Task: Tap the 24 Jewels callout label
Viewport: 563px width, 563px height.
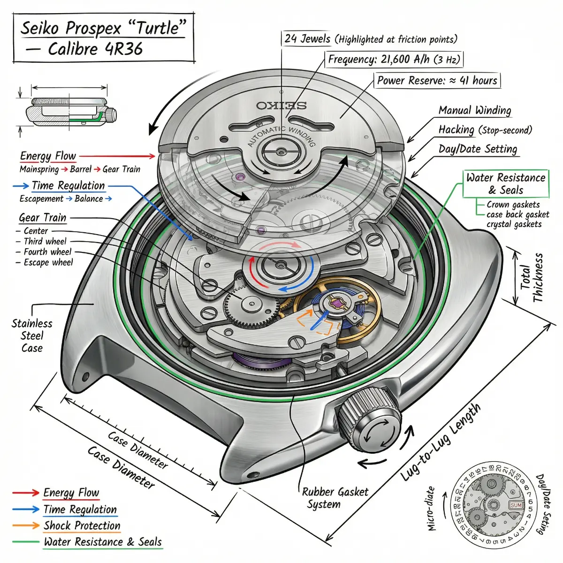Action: pyautogui.click(x=307, y=39)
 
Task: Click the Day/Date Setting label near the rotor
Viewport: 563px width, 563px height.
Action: pyautogui.click(x=478, y=149)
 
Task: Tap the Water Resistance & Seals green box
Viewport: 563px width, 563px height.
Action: pyautogui.click(x=506, y=183)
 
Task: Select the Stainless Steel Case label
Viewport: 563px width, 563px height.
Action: pyautogui.click(x=32, y=335)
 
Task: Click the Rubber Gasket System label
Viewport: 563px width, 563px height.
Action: pyautogui.click(x=335, y=498)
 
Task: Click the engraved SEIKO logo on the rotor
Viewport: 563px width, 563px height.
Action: pyautogui.click(x=281, y=105)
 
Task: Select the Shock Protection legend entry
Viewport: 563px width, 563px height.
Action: pyautogui.click(x=82, y=525)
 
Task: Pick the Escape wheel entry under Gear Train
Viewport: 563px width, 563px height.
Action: pyautogui.click(x=48, y=262)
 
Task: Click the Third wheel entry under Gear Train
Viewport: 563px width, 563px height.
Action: pyautogui.click(x=45, y=241)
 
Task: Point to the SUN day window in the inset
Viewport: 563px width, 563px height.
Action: pyautogui.click(x=516, y=505)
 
